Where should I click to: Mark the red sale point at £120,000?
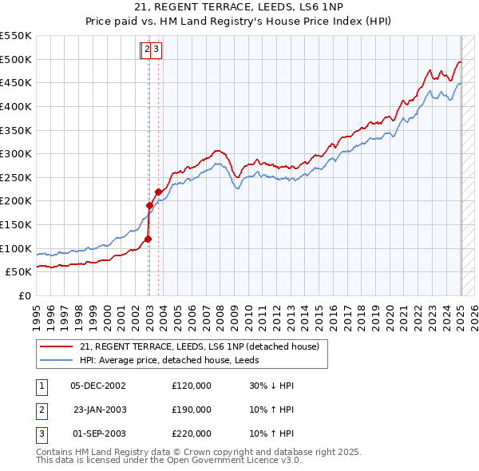(148, 238)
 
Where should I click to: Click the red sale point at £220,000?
(158, 192)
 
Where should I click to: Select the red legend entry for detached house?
(200, 346)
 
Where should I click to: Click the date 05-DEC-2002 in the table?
(98, 386)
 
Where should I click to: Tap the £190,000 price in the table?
(192, 410)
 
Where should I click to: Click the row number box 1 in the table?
(41, 386)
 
